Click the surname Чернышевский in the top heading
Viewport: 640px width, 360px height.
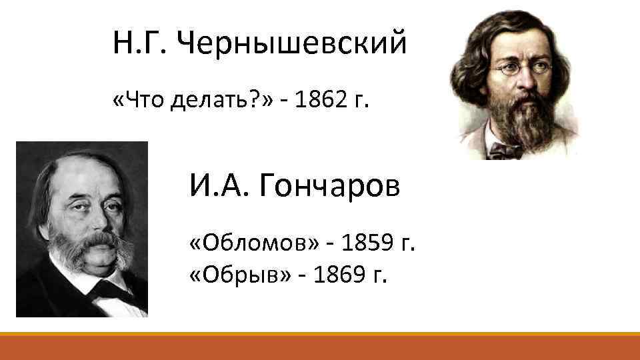[293, 44]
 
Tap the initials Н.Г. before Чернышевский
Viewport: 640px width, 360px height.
[143, 44]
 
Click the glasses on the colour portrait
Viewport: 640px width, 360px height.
[521, 67]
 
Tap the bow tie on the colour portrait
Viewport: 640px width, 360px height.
[507, 151]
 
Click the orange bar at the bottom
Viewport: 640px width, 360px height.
[320, 347]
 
